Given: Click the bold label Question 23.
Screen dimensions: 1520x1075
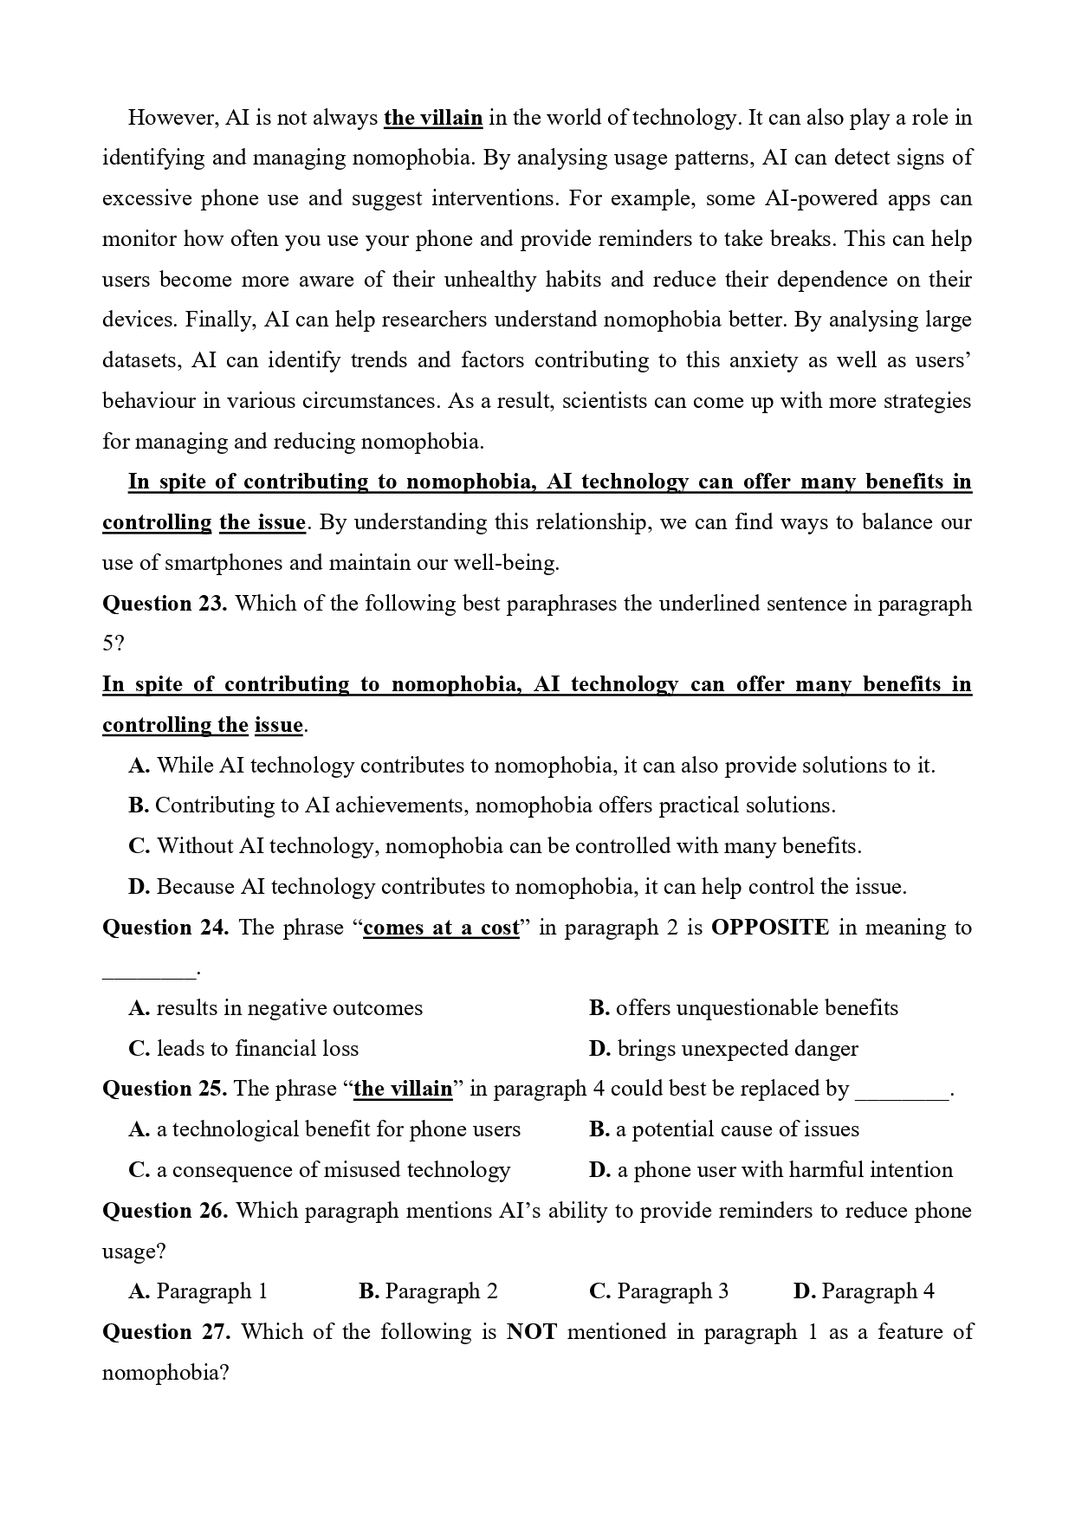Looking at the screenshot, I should [165, 604].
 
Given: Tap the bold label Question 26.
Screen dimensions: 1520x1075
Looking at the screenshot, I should [165, 1211].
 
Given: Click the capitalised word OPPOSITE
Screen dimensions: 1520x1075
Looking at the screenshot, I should [769, 928].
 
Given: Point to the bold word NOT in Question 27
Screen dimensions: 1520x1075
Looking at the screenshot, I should [531, 1332].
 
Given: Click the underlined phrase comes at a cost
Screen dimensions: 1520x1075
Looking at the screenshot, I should [441, 928].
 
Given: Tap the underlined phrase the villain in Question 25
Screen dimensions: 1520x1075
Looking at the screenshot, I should [403, 1090].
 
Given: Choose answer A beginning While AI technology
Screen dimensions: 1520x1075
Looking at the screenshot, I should [532, 766].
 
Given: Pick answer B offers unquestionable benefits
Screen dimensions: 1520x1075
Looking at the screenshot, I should [743, 1008].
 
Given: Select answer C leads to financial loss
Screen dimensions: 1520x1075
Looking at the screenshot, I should [243, 1049].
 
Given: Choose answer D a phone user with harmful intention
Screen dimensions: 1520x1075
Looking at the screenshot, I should [770, 1170].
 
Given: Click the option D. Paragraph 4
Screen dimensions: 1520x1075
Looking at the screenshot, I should [864, 1291].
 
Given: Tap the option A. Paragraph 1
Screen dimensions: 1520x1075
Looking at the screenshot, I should [198, 1291].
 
